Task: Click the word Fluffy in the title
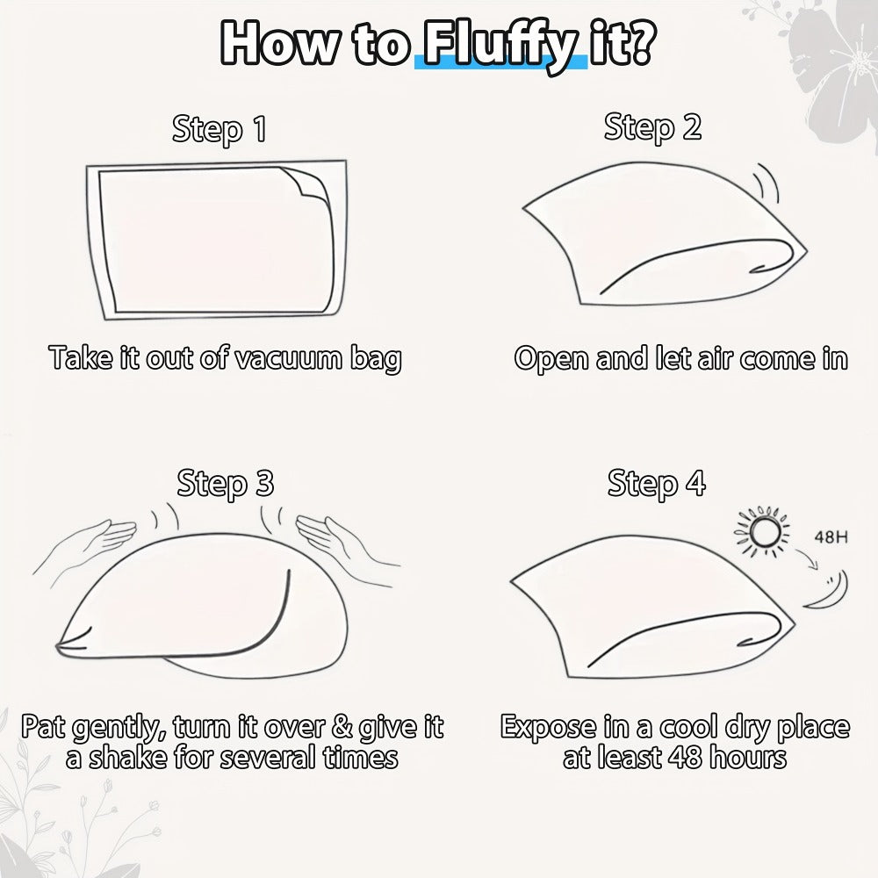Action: pyautogui.click(x=500, y=46)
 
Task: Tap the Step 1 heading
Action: pyautogui.click(x=219, y=129)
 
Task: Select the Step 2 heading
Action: pyautogui.click(x=652, y=127)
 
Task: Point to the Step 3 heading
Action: pyautogui.click(x=225, y=483)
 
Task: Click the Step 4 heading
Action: pyautogui.click(x=656, y=483)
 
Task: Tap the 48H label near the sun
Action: pyautogui.click(x=831, y=537)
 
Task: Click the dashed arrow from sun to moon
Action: pyautogui.click(x=806, y=558)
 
